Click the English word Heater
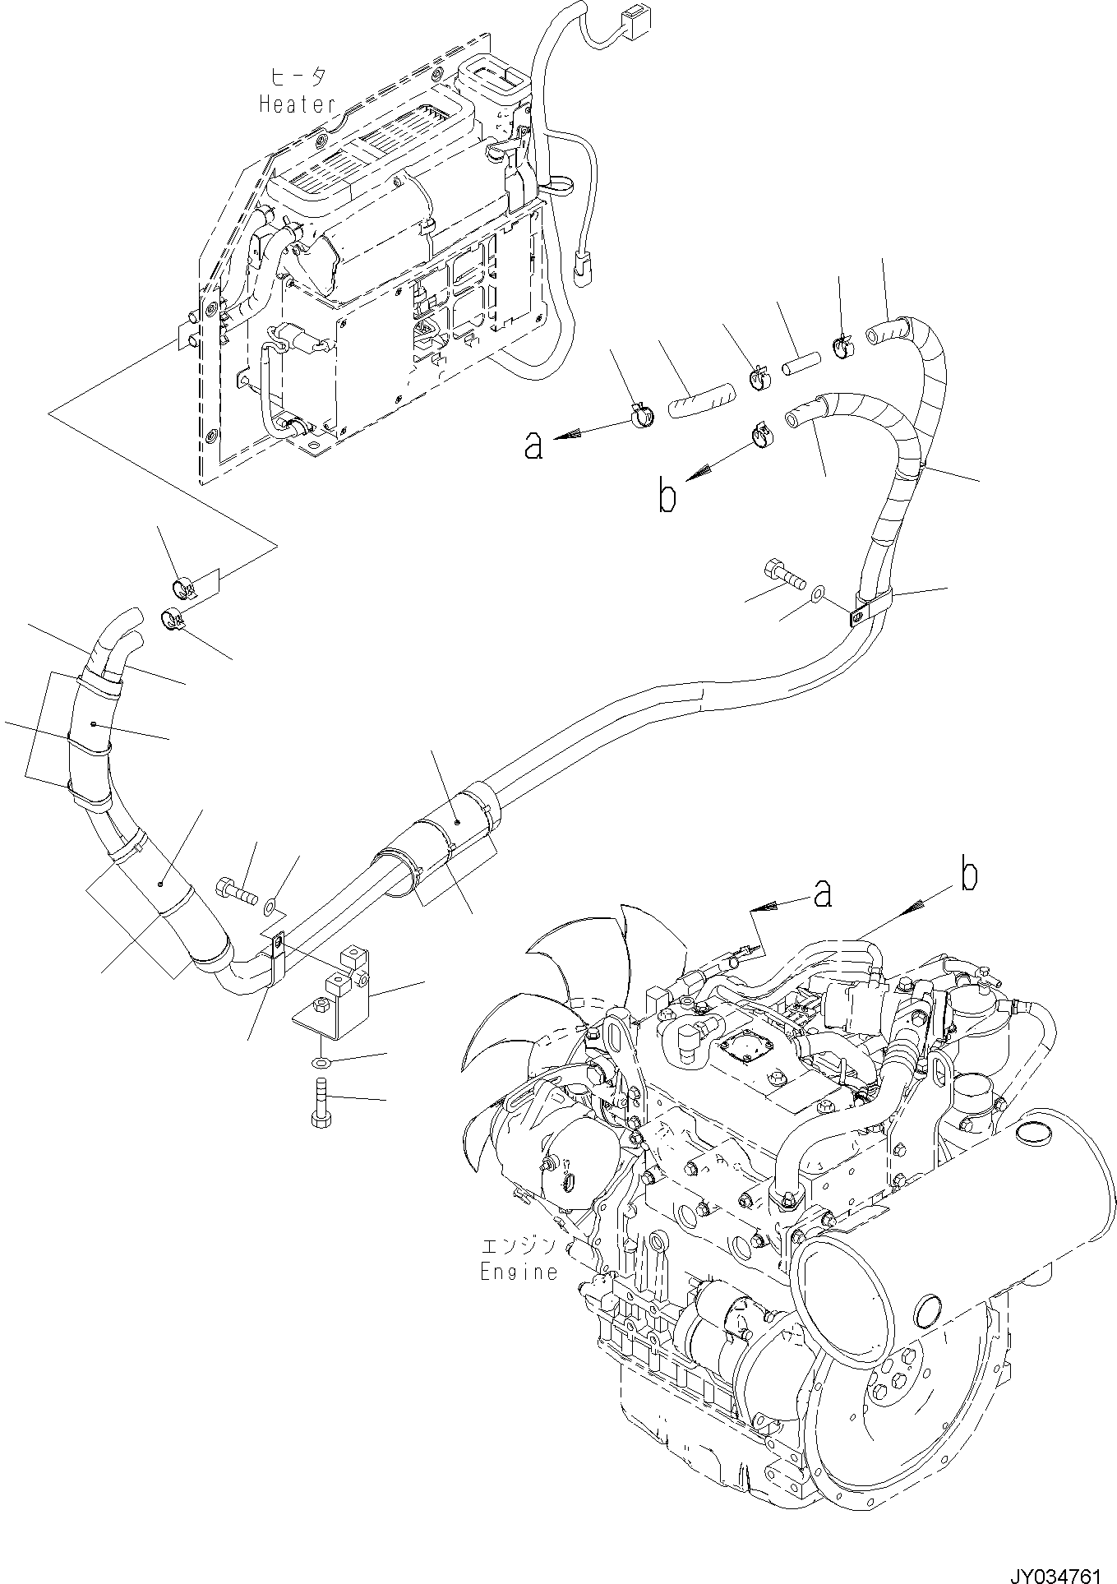[298, 104]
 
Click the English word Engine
[518, 1272]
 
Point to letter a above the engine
[821, 894]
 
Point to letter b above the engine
[970, 877]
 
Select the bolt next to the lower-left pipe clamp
[235, 890]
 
